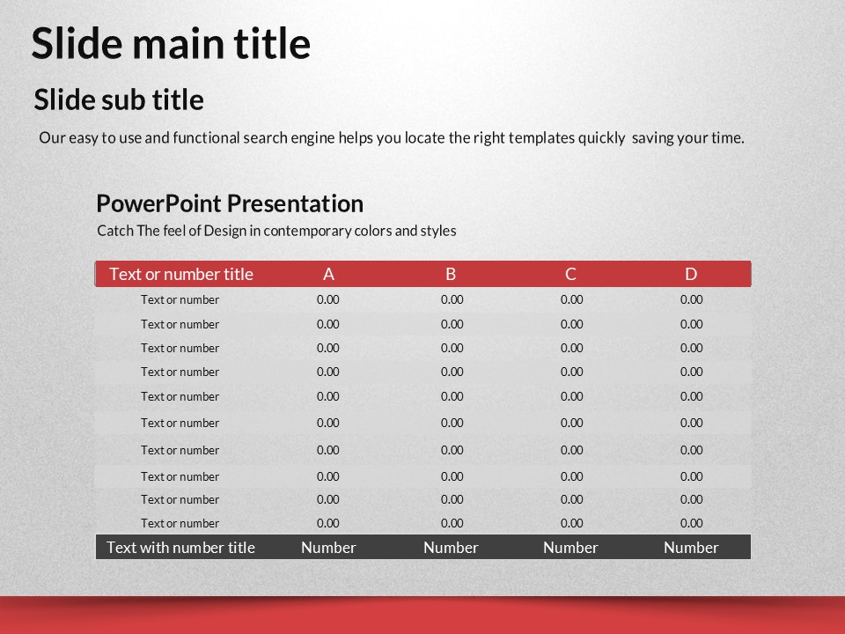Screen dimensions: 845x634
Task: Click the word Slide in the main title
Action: (77, 43)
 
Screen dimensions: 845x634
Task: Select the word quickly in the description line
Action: (601, 138)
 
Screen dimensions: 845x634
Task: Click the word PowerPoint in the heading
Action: (159, 203)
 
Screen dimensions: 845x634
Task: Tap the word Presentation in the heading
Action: (295, 203)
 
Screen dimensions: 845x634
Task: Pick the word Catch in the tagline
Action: (114, 231)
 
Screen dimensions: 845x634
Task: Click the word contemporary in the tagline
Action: (327, 232)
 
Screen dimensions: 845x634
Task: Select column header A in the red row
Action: (328, 275)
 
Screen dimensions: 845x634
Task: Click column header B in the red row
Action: (451, 275)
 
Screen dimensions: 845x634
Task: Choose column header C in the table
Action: (570, 275)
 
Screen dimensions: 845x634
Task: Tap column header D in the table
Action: (691, 275)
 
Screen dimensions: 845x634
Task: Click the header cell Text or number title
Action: (181, 275)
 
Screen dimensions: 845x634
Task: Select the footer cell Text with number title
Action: (180, 548)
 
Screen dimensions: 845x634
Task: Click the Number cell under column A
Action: (328, 548)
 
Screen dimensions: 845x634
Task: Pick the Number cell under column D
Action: (691, 548)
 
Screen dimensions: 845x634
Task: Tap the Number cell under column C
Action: (570, 548)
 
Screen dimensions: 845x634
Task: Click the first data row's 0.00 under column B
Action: (452, 299)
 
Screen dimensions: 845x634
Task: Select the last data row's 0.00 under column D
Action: (692, 523)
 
